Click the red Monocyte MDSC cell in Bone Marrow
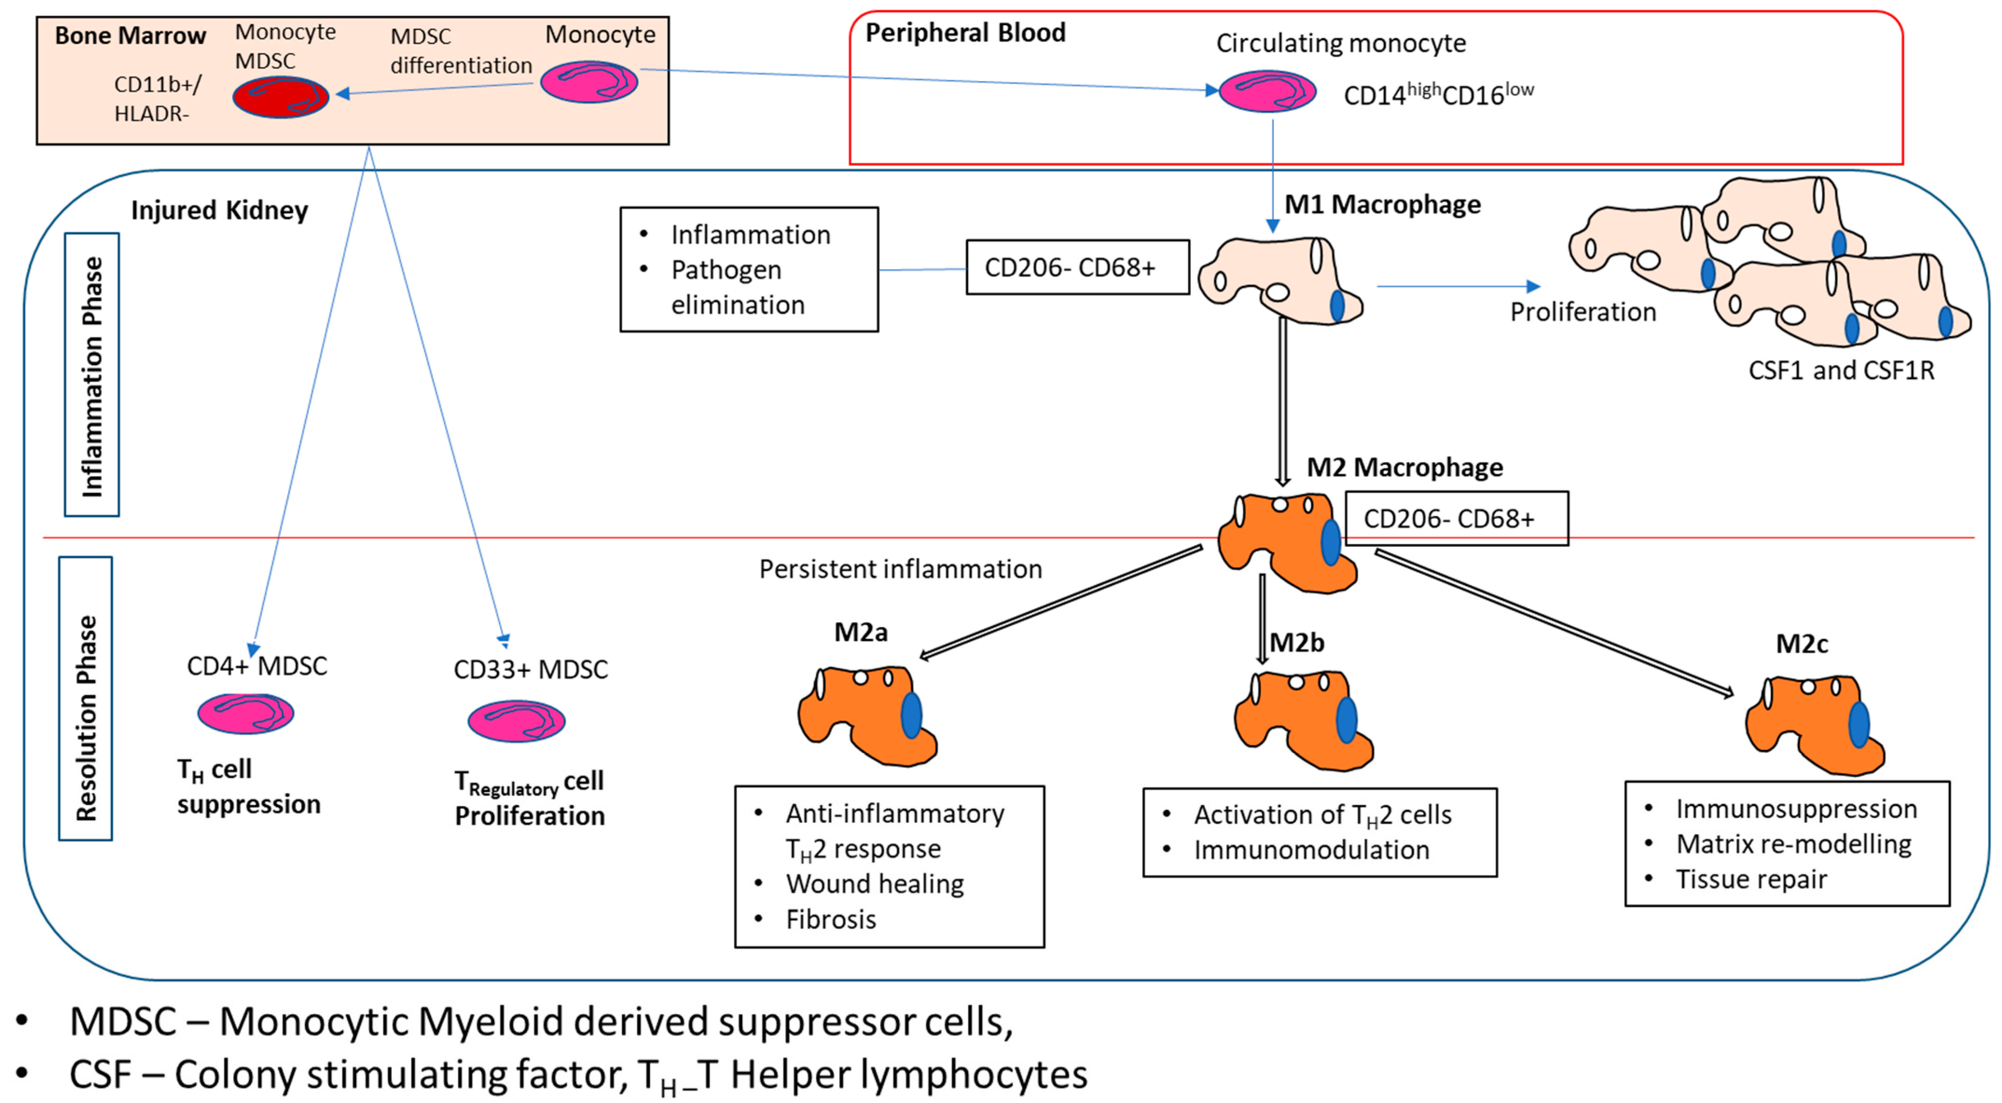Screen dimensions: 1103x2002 (281, 97)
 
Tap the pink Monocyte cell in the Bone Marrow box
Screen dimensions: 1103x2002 (589, 83)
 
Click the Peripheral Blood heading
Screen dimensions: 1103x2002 (965, 33)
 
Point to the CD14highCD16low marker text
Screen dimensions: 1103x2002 (1438, 94)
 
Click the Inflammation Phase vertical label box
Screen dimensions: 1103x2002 (92, 375)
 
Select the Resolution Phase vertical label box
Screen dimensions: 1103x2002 (85, 698)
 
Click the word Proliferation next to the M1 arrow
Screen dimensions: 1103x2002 (1582, 312)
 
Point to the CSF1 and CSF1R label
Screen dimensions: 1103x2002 (1840, 370)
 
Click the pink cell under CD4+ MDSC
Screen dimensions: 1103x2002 (246, 713)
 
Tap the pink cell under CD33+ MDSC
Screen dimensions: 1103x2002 (516, 721)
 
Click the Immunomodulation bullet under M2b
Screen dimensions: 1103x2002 (1311, 849)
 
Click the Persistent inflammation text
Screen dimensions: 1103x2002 (900, 569)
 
